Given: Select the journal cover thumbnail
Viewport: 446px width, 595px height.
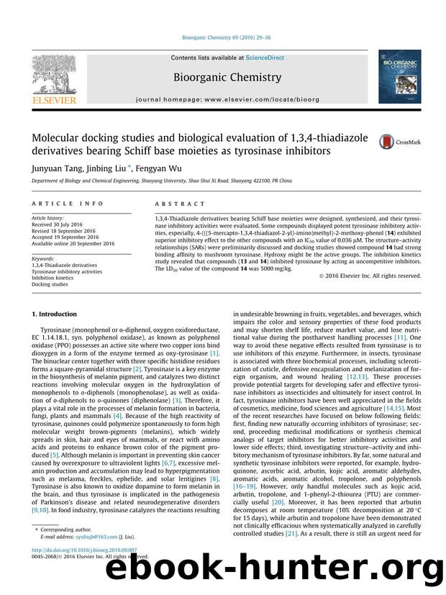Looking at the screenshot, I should point(395,81).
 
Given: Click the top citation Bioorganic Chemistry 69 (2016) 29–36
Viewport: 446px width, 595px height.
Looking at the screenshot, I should point(223,45).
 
